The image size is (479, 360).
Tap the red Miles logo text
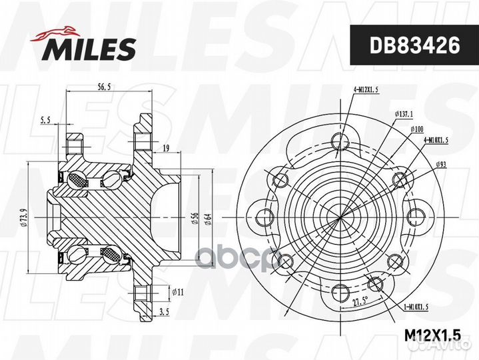click(x=91, y=49)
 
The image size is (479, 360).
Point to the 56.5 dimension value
click(x=103, y=87)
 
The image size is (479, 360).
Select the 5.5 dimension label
click(x=46, y=120)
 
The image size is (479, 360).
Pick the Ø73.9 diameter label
click(x=23, y=217)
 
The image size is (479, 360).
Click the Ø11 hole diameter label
click(x=178, y=292)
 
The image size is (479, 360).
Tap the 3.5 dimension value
click(x=164, y=311)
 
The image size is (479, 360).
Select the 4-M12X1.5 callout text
click(x=366, y=89)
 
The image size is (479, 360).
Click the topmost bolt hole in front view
click(x=340, y=141)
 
